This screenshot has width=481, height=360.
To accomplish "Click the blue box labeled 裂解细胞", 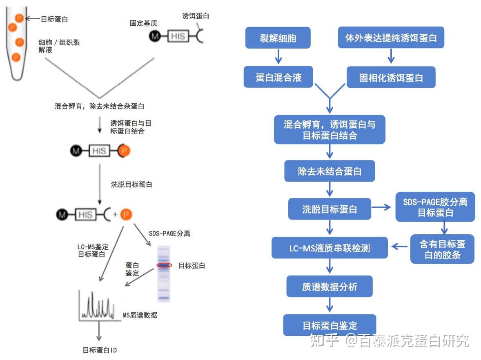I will (278, 38).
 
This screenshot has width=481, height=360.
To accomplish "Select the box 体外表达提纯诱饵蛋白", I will (391, 38).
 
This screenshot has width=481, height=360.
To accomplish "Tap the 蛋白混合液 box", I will (278, 77).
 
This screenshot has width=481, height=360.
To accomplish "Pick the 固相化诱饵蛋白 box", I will (391, 78).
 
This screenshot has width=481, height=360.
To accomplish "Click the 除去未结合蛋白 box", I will (330, 171).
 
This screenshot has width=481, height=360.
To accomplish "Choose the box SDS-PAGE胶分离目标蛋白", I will (435, 207).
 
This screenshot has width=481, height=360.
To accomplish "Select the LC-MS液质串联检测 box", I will (330, 248).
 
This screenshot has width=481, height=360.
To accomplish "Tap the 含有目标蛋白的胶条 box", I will (442, 249).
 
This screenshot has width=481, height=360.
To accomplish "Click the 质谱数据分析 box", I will (329, 287).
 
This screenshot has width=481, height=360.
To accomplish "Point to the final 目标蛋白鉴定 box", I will (329, 325).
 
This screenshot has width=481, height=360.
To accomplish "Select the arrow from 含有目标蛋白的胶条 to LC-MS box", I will (400, 246).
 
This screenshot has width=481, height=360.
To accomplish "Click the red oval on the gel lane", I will (164, 265).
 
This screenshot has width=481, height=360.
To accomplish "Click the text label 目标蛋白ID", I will (100, 350).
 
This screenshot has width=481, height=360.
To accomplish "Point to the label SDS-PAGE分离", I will (169, 233).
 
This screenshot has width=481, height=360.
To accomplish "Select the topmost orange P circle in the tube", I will (19, 18).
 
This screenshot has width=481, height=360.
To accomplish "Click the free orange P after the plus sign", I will (127, 214).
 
